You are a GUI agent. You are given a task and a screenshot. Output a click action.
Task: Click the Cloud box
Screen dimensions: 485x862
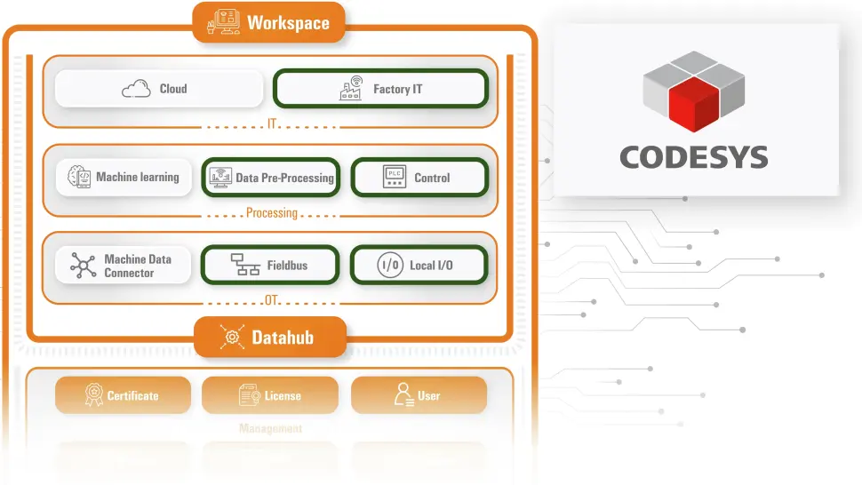159,89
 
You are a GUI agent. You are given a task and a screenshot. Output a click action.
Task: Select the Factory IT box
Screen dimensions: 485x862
380,89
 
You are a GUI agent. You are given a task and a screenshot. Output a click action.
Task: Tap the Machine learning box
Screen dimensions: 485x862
124,178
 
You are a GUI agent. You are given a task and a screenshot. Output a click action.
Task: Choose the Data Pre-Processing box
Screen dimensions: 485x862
271,178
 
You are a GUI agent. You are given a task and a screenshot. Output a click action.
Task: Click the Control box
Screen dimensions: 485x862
419,178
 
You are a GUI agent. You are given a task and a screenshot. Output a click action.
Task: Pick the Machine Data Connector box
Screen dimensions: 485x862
124,266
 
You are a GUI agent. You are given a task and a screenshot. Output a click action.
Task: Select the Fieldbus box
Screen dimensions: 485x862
271,266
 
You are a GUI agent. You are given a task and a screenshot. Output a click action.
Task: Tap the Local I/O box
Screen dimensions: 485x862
419,266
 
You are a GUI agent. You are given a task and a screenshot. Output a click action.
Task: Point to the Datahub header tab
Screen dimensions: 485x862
269,337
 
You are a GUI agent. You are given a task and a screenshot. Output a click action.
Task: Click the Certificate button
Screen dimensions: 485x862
124,395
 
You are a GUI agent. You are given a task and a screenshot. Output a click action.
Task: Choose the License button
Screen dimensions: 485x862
270,395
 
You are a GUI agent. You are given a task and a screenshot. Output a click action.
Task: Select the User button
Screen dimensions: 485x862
419,395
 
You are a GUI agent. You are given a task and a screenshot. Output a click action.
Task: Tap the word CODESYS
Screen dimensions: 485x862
693,157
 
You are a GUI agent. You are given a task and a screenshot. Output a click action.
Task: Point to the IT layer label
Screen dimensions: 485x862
271,125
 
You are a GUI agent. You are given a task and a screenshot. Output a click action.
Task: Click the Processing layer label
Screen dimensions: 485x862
271,213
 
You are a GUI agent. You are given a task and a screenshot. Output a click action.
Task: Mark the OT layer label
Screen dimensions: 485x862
271,300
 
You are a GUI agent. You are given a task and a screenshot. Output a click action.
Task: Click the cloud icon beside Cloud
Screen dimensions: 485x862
136,89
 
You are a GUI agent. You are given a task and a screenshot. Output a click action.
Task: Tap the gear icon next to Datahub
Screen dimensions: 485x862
232,337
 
